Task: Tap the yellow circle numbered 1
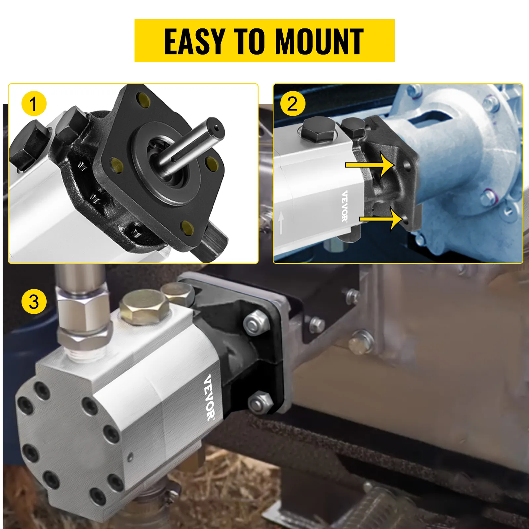34,104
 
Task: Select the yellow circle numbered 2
292,104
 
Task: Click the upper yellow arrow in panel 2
370,165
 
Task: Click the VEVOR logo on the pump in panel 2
345,206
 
